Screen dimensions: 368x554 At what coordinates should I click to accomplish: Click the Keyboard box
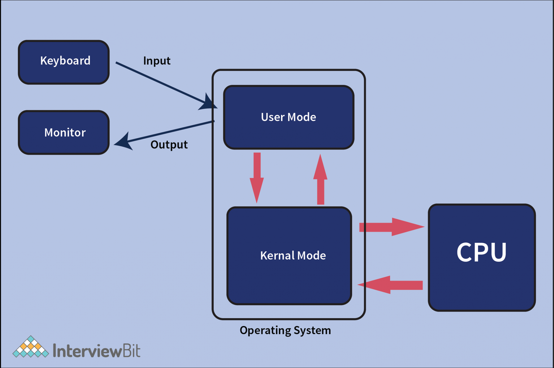[64, 62]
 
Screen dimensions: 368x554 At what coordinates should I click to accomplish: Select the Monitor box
[64, 133]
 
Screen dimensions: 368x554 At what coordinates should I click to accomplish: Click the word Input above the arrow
[157, 61]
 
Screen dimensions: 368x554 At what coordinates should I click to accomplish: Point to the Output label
[169, 145]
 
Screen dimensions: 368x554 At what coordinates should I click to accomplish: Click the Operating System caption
[285, 331]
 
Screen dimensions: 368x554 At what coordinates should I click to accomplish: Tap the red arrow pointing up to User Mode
[321, 179]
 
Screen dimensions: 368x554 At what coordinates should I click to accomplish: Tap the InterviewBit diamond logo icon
[31, 348]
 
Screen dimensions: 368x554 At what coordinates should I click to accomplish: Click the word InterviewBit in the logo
[97, 351]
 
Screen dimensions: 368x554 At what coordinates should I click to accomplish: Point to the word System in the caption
[312, 331]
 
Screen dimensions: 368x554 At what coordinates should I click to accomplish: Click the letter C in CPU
[465, 252]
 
